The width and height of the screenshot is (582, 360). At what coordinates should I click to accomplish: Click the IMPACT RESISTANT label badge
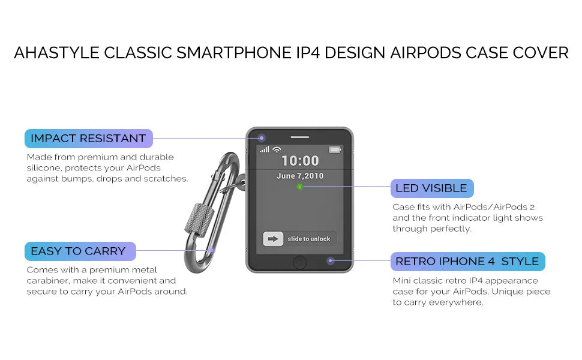[89, 139]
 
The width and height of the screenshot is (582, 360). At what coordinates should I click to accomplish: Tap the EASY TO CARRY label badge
[80, 251]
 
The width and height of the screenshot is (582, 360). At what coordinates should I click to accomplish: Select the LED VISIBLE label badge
[432, 188]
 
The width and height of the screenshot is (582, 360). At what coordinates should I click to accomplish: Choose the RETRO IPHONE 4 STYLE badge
[467, 261]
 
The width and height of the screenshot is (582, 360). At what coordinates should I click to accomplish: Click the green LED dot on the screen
[299, 187]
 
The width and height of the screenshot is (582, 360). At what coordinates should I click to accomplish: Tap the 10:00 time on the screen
[300, 161]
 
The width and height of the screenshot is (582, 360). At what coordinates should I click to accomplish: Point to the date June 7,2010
[300, 176]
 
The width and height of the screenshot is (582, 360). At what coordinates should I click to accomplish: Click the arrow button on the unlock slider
[273, 239]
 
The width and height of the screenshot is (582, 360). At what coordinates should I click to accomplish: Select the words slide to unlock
[309, 239]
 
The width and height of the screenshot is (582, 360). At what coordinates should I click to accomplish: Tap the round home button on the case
[300, 262]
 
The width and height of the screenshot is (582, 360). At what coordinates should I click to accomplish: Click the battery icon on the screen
[335, 149]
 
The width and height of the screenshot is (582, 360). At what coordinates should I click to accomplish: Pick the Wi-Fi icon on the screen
[277, 149]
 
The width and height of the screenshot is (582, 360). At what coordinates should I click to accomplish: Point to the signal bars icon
[265, 149]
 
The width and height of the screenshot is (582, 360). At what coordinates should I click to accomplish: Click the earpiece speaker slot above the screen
[300, 137]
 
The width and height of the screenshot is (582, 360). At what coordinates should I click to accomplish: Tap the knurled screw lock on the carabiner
[200, 220]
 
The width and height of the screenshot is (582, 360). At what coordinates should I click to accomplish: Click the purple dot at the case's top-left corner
[262, 138]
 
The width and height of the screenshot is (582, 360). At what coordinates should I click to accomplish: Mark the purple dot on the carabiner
[212, 250]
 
